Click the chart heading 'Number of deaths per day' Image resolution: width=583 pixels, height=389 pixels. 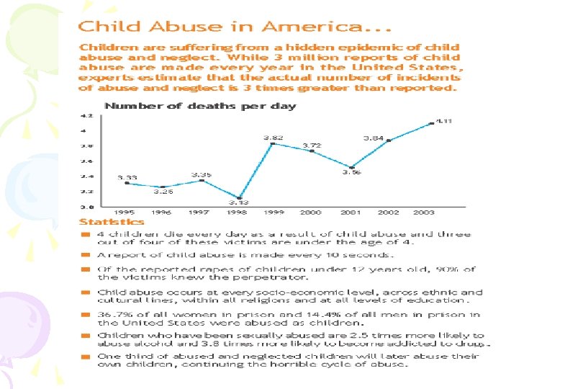point(200,106)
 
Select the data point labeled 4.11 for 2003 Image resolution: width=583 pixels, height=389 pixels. point(432,123)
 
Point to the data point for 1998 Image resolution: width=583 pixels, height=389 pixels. point(240,197)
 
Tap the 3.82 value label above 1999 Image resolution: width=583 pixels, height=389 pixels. point(272,136)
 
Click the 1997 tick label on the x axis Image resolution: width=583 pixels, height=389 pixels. point(199,213)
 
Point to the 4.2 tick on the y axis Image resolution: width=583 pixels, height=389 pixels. point(86,115)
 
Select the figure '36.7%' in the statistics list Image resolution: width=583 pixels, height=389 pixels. point(112,314)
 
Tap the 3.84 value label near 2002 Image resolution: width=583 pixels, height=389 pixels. point(373,138)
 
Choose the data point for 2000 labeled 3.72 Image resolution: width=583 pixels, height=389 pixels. point(312,151)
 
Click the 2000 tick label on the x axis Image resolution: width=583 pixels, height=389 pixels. point(311,213)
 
